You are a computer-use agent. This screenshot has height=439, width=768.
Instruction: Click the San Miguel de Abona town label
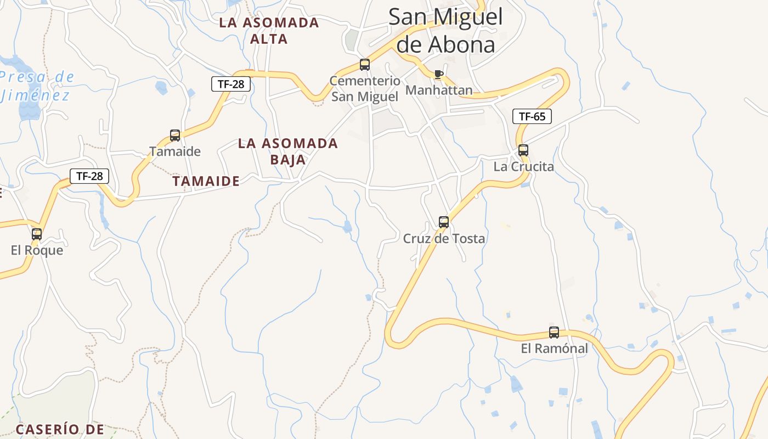(x=445, y=31)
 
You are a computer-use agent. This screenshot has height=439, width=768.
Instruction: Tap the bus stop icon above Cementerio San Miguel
(x=365, y=65)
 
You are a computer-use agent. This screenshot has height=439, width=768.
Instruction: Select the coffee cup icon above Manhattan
(x=438, y=74)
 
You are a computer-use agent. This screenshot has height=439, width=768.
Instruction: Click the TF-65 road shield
(x=532, y=116)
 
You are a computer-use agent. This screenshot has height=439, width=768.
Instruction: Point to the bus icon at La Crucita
(x=523, y=150)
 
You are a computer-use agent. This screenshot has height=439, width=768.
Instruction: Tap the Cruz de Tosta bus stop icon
(x=444, y=222)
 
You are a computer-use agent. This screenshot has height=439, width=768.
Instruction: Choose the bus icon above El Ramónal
(x=554, y=333)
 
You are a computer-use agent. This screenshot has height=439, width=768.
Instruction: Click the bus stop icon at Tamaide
(x=175, y=135)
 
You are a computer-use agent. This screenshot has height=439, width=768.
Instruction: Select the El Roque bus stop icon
(x=37, y=234)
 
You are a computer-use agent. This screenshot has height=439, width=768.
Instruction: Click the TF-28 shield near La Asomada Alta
(x=231, y=84)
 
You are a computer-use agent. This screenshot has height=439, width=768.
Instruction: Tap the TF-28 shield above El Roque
(x=89, y=176)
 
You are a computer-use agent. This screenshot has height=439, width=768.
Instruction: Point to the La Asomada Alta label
(x=269, y=31)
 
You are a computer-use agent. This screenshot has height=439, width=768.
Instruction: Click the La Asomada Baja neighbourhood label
(x=288, y=151)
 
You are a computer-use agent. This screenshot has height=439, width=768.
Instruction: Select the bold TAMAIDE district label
(x=206, y=181)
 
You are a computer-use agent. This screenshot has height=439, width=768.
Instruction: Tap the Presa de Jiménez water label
(x=37, y=86)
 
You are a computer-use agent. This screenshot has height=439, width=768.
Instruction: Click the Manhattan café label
(x=439, y=91)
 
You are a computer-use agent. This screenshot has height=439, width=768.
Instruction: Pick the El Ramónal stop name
(x=554, y=348)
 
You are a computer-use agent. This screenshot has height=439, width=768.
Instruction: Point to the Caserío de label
(x=60, y=429)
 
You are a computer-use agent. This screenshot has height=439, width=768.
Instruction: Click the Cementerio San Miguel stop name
(x=365, y=89)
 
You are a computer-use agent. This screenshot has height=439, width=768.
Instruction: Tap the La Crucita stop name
(x=523, y=166)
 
